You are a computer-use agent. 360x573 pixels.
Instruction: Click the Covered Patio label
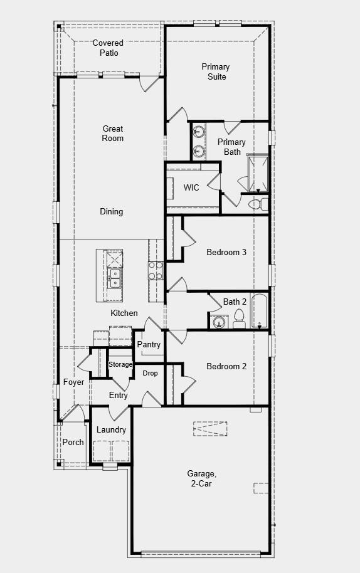[108, 48]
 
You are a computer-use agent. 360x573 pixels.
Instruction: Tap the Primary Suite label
[215, 71]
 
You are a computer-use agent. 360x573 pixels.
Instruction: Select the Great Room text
[113, 134]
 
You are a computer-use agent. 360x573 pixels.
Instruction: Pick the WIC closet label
[191, 187]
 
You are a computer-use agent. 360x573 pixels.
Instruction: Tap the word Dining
[112, 212]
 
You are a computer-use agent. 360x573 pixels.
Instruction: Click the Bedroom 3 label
[226, 253]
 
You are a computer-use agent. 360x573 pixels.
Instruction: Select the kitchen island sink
[114, 278]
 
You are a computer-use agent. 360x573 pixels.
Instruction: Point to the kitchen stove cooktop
[155, 270]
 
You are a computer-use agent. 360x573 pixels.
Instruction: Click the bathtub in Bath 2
[259, 310]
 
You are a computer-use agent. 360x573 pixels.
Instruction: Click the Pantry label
[149, 344]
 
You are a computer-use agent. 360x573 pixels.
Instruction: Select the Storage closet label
[120, 364]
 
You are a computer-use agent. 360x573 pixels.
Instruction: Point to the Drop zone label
[150, 373]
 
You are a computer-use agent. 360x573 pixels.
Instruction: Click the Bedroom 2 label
[226, 366]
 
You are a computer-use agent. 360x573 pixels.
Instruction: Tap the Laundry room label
[111, 430]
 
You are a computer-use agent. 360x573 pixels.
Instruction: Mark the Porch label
[73, 442]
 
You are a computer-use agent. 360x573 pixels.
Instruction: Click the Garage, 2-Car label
[202, 478]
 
